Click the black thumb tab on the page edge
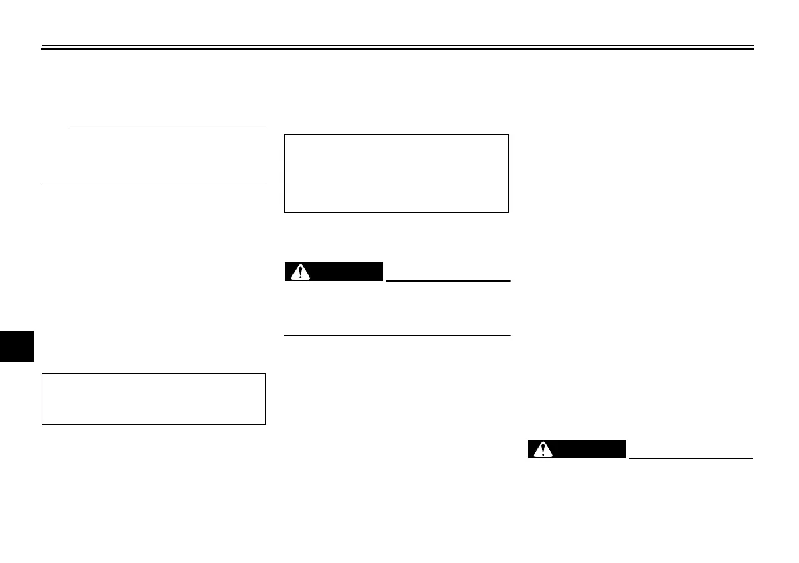click(x=16, y=344)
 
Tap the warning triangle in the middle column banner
click(x=300, y=272)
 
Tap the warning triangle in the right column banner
click(x=543, y=450)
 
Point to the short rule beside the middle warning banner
click(x=448, y=280)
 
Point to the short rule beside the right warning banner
click(x=691, y=458)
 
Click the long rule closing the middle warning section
click(x=397, y=335)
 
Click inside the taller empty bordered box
click(x=396, y=174)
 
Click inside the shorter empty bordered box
click(x=154, y=399)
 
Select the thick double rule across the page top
click(x=398, y=48)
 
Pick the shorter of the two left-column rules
click(x=168, y=126)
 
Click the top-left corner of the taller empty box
click(x=286, y=136)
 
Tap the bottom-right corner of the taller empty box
click(x=508, y=212)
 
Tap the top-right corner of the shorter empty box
click(x=266, y=374)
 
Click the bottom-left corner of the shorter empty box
click(x=42, y=424)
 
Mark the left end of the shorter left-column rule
click(x=70, y=126)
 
